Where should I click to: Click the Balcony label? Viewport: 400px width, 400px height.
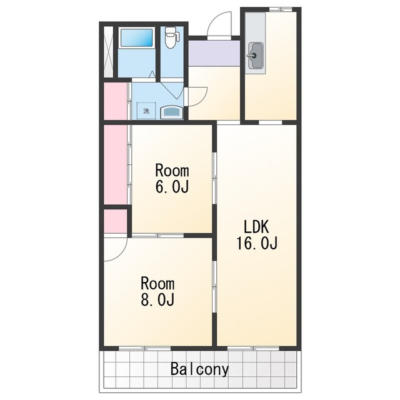(199, 369)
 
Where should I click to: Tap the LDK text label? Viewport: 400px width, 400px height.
(256, 227)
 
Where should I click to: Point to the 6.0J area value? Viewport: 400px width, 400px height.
(172, 186)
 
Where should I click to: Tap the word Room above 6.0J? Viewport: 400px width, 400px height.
(172, 170)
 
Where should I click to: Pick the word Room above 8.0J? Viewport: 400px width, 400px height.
(157, 283)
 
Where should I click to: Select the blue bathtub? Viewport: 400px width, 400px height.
(136, 37)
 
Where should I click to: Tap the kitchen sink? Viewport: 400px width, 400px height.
(255, 56)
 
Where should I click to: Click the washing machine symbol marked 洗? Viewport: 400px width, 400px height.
(146, 111)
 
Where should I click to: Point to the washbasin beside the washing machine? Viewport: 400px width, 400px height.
(171, 112)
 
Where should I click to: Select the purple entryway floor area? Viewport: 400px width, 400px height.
(214, 52)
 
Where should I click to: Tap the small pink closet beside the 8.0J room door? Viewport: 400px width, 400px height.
(115, 221)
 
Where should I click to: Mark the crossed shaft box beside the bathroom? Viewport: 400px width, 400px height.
(108, 52)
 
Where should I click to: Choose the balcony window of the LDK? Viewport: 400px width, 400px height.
(253, 348)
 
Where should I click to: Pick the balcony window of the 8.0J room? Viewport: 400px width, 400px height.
(144, 348)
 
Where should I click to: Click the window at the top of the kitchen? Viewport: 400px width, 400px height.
(281, 9)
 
